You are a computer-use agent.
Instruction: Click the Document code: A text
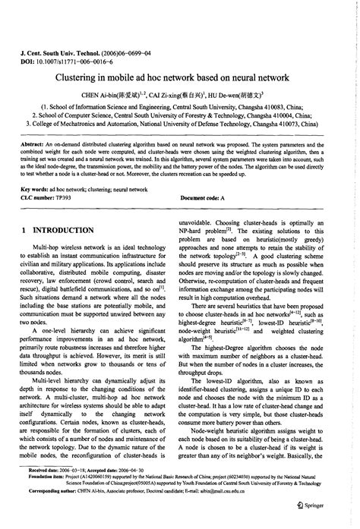coord(203,197)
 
